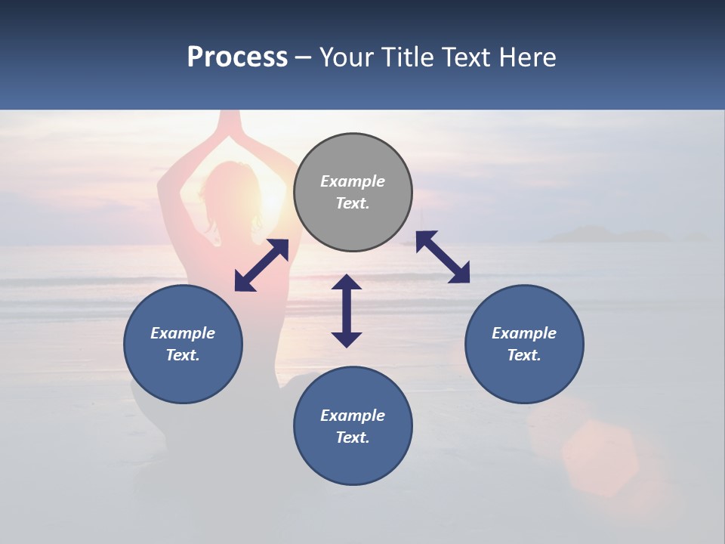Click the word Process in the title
pos(237,57)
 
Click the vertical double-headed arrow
pos(347,311)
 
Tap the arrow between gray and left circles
pos(261,265)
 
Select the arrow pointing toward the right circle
pos(443,257)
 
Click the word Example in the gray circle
pos(353,181)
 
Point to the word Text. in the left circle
pos(183,355)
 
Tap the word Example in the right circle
pos(524,333)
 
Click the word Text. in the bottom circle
pos(353,437)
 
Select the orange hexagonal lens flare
pos(600,457)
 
